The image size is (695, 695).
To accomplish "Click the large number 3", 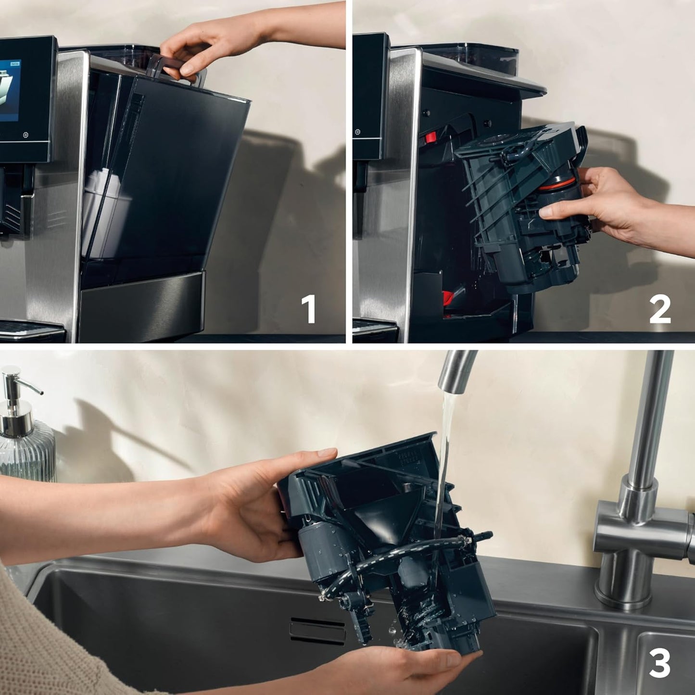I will (x=659, y=664).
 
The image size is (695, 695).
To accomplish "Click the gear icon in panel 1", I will (x=25, y=135).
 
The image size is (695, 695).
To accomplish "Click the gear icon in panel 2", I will (x=357, y=132).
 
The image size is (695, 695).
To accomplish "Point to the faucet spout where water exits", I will (x=455, y=380).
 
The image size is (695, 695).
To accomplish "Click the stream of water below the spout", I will (x=445, y=457).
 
